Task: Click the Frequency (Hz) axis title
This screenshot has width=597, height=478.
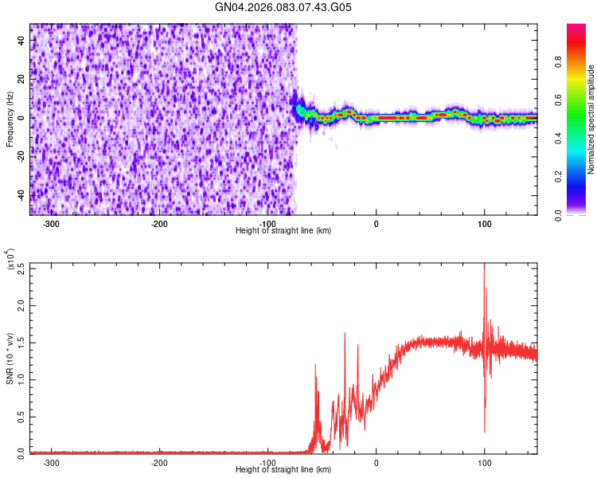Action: pos(10,119)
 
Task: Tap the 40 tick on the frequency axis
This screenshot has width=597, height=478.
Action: pos(22,41)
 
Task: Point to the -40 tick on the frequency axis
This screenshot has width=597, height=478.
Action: pos(22,194)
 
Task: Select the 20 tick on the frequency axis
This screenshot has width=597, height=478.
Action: pos(22,79)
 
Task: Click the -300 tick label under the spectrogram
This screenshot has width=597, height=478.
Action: pos(51,223)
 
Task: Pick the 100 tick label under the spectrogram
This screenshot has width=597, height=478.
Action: pos(484,223)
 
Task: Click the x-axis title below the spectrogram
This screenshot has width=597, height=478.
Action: pos(283,230)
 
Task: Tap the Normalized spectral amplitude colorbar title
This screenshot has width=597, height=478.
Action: pos(591,119)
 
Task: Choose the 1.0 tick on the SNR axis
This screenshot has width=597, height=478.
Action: pos(22,379)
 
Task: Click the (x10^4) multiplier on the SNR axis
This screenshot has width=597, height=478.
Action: pos(11,261)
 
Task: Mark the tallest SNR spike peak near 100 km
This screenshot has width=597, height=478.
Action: pos(484,265)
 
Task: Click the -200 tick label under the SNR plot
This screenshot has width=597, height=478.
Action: pos(159,462)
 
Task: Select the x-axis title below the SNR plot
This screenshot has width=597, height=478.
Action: pos(283,469)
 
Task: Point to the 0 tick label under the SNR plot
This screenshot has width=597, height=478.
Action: pos(377,462)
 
